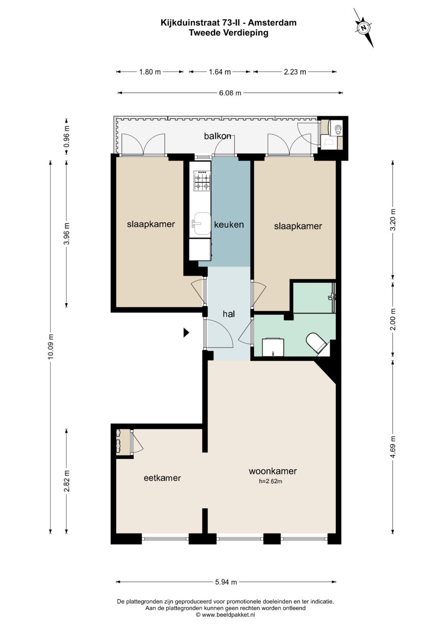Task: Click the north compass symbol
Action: (x=363, y=28)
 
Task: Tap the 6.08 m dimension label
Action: (x=230, y=93)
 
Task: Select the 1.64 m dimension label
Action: (x=220, y=72)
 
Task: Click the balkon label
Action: (x=217, y=136)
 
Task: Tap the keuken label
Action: (x=229, y=224)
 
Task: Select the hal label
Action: (x=228, y=314)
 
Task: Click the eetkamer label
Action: (x=162, y=478)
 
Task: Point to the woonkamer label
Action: (x=273, y=471)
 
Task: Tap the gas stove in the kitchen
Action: (x=202, y=181)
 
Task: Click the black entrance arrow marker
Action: (x=186, y=332)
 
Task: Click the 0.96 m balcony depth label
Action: (x=66, y=136)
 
